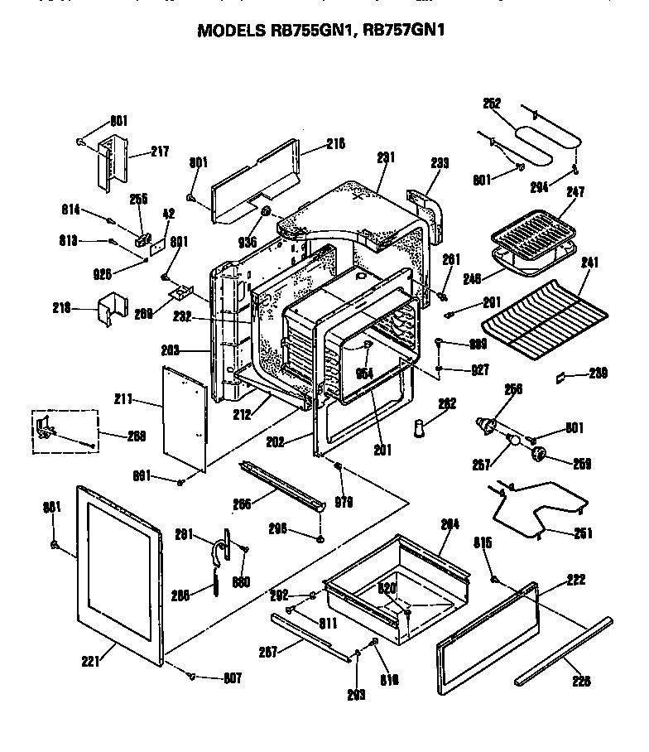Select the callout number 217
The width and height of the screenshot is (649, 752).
pos(160,152)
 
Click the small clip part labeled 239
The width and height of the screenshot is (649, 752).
pos(561,375)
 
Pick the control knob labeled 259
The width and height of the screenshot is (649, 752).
pos(541,454)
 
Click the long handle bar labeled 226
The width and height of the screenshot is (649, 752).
pos(563,650)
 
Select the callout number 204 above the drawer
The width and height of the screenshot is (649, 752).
pos(449,523)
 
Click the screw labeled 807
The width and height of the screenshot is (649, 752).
pos(192,676)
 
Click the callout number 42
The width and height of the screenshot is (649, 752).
pos(168,213)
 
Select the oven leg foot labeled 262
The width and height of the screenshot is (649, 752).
pos(422,430)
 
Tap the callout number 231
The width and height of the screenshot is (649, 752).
pos(386,157)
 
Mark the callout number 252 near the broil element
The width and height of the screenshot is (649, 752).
pos(492,104)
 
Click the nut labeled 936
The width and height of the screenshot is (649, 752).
pos(267,215)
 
